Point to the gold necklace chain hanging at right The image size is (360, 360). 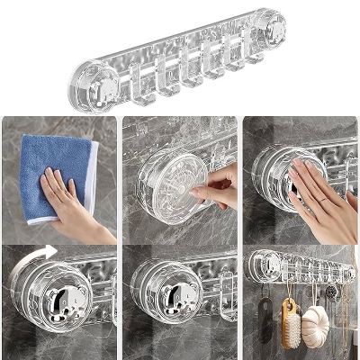pyautogui.click(x=340, y=310)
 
